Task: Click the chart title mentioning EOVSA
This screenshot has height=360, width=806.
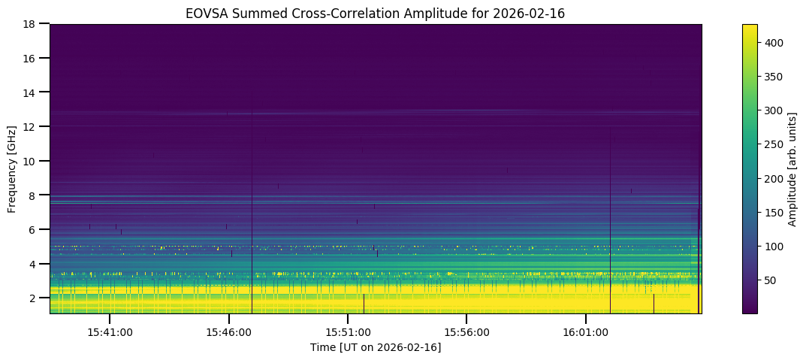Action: (375, 14)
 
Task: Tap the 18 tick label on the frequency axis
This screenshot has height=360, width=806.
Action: (32, 24)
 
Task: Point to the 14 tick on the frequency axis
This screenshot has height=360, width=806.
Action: (32, 92)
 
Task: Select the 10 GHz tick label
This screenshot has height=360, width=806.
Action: (32, 161)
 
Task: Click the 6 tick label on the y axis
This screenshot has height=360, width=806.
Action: (34, 230)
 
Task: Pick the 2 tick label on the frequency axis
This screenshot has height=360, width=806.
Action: (34, 298)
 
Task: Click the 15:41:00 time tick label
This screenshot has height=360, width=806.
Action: (110, 331)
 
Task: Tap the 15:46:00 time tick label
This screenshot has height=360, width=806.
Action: (228, 331)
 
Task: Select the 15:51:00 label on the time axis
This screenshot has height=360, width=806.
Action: (348, 331)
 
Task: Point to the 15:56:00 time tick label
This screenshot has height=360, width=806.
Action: (466, 331)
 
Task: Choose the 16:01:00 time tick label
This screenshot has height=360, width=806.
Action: (586, 331)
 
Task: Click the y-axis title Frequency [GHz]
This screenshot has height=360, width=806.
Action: (13, 169)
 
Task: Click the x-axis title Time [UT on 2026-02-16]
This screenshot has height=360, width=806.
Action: (376, 347)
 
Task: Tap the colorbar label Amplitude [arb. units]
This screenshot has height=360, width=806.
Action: (792, 169)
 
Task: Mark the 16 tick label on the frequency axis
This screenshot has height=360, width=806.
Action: (32, 58)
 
